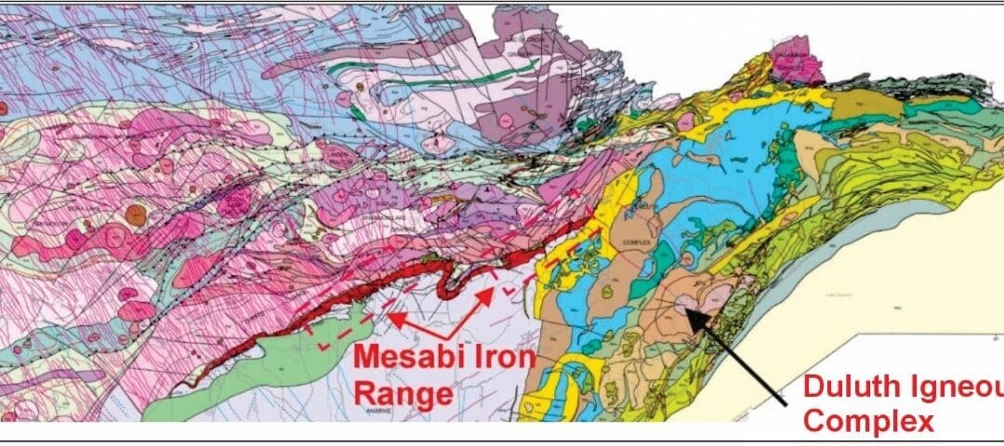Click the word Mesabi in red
coord(396,357)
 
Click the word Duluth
coord(847,386)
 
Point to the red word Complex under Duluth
coord(867,421)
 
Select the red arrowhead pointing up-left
coord(390,316)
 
